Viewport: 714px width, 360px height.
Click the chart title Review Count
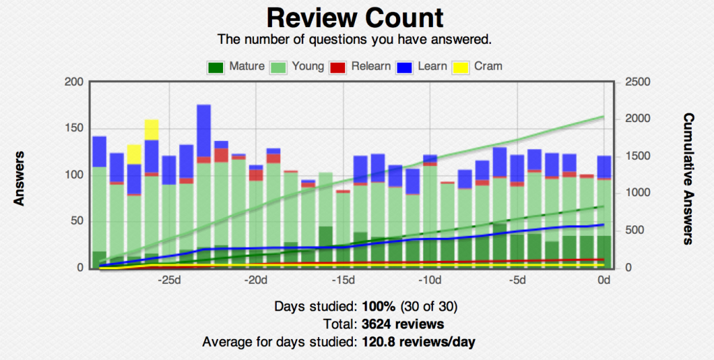point(355,17)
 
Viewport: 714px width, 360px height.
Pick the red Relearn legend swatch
point(337,67)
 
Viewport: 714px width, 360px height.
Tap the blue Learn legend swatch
point(405,67)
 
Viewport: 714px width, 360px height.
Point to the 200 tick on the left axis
point(75,82)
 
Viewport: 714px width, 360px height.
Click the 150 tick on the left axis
point(75,128)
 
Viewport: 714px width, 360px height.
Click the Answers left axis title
point(20,178)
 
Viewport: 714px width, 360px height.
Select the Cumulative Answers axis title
point(688,178)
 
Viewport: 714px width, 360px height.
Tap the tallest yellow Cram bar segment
point(151,130)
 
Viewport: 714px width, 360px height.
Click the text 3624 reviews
point(403,324)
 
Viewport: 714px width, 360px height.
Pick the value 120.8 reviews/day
point(419,342)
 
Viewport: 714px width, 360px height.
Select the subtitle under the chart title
point(356,38)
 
